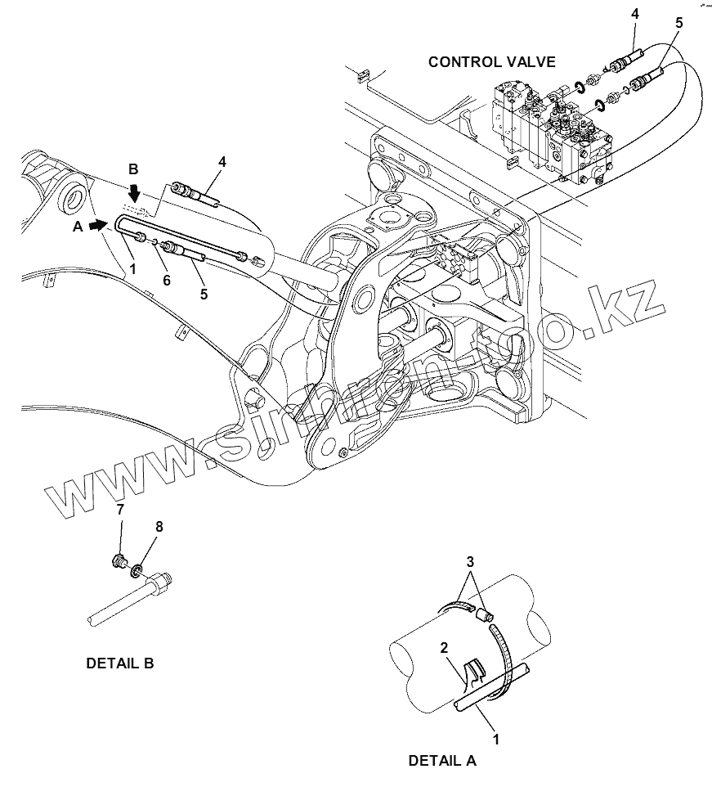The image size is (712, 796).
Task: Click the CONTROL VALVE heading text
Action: click(492, 61)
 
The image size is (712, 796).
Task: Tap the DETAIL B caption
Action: click(119, 663)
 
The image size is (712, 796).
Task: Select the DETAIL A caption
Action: click(441, 760)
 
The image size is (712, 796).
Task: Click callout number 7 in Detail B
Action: click(120, 510)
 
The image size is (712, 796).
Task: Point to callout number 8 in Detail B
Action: click(159, 527)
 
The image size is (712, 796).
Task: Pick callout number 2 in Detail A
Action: click(443, 649)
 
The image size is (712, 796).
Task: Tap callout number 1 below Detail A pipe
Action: click(495, 739)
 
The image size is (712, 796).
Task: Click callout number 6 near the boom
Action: click(166, 280)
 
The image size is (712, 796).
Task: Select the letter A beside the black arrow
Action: click(78, 227)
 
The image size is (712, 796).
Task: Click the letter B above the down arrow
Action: click(133, 169)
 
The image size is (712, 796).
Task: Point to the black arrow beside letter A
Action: click(99, 222)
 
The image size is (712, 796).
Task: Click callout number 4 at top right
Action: click(635, 13)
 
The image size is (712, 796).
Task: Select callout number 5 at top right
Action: click(678, 24)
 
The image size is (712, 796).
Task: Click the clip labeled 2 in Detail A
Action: click(472, 673)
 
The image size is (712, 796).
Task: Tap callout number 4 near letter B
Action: click(222, 162)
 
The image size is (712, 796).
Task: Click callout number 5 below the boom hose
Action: click(204, 293)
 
